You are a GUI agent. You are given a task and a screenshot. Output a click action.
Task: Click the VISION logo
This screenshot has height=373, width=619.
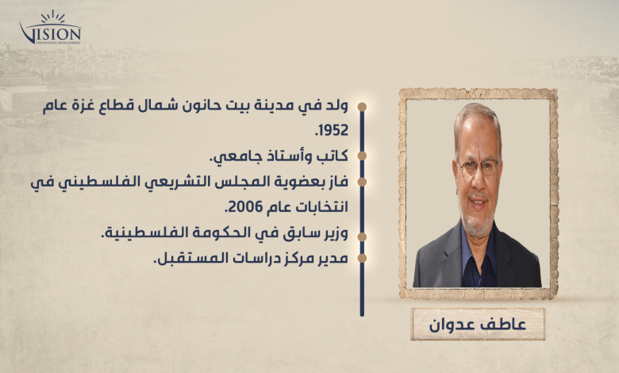pos(50,28)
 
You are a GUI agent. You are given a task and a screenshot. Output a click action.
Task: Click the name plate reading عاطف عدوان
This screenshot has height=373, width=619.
pos(478,325)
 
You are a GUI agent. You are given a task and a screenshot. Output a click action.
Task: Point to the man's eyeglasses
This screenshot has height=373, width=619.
pos(478,167)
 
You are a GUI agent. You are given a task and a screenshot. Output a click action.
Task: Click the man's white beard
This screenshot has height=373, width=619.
pos(478,222)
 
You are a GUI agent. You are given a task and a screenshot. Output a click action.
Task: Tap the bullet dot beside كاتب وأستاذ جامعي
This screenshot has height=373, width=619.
pos(362,156)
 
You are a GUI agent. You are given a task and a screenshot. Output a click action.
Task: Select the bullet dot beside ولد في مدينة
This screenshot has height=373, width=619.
pos(362,107)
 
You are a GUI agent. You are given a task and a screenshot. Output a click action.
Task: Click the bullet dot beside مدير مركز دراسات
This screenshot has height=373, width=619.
pos(362,258)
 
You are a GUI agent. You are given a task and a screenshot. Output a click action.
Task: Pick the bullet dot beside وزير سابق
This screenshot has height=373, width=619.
pos(362,236)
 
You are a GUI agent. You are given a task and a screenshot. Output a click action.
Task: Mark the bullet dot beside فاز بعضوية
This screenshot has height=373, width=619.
pos(362,182)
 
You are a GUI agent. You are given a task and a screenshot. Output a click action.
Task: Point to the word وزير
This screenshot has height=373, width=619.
pos(335,233)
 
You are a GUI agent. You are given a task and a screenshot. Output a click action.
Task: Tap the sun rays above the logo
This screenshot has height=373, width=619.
pos(52,17)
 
